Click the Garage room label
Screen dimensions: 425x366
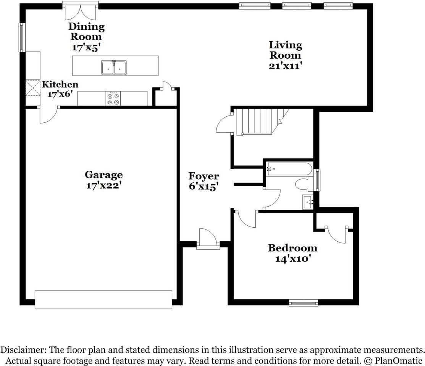click(104, 175)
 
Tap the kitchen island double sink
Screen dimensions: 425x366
click(114, 67)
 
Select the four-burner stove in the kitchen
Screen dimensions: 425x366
click(113, 98)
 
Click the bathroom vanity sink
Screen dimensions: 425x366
click(308, 202)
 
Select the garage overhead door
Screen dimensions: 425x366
click(103, 299)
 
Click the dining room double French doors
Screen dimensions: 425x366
click(80, 11)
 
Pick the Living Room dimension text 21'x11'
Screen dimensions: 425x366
click(285, 66)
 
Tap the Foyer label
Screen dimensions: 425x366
click(204, 176)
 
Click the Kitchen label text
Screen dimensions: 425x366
click(60, 85)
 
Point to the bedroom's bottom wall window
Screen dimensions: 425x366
click(304, 303)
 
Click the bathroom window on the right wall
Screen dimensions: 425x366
click(317, 180)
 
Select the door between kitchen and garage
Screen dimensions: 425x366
click(49, 115)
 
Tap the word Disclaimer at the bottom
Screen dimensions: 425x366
click(24, 350)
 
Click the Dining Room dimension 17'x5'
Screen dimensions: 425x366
click(86, 48)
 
